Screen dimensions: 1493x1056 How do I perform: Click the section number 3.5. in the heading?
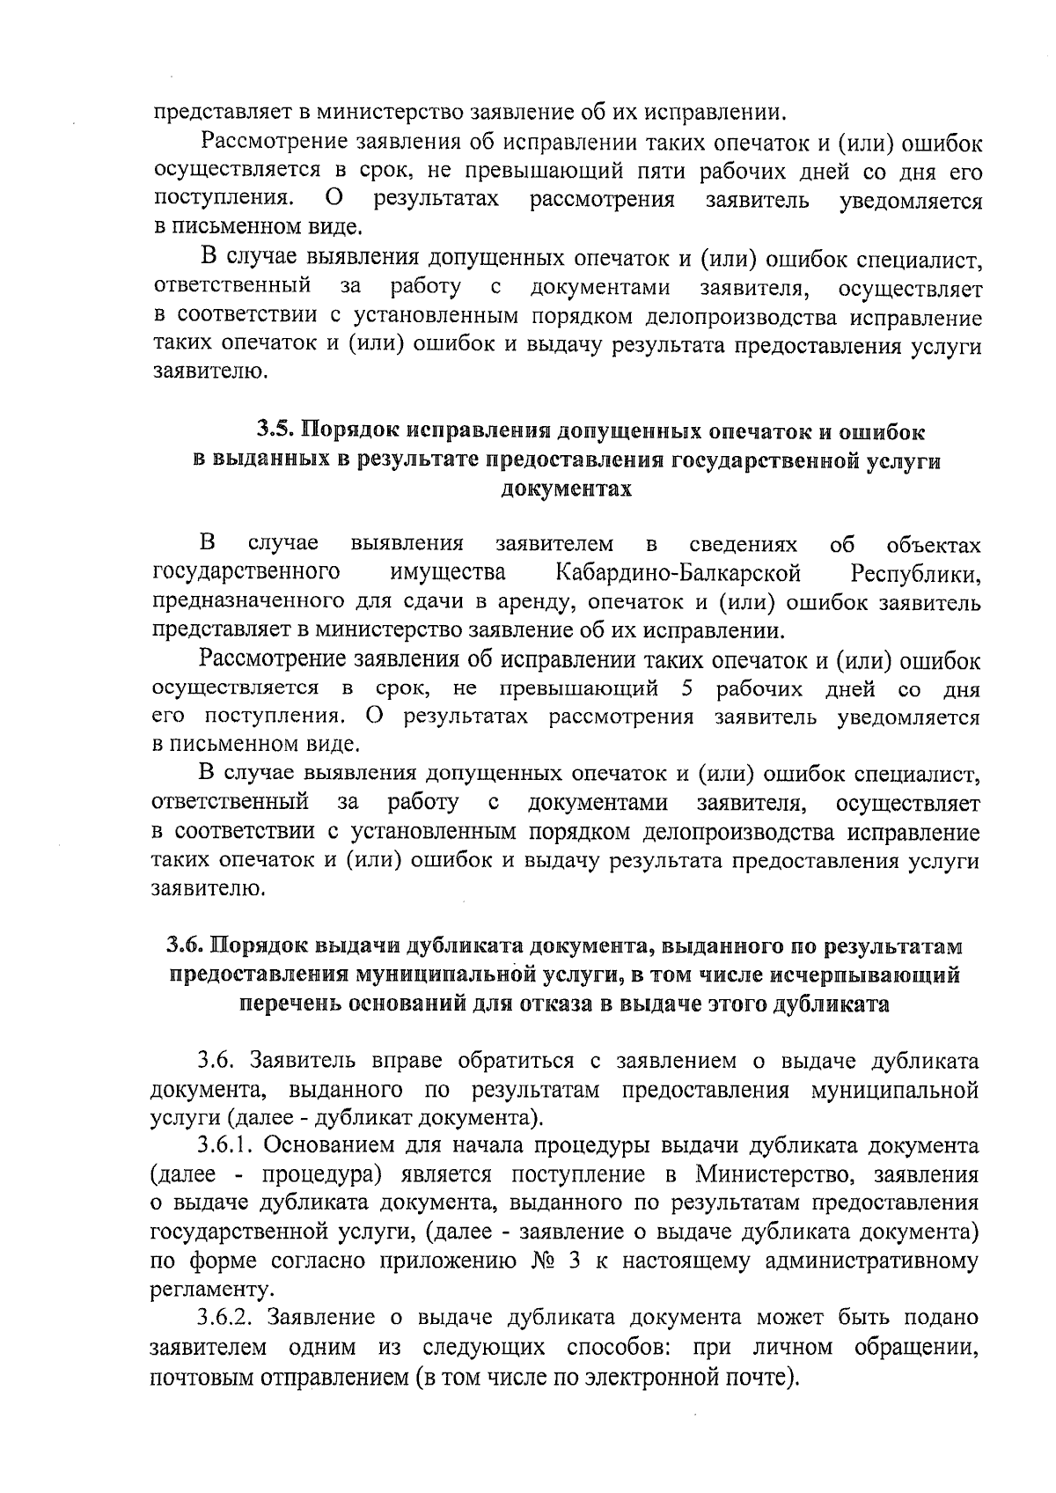[x=275, y=431]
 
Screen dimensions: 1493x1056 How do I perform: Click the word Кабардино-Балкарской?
[x=678, y=574]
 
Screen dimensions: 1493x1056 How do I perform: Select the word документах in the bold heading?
[x=566, y=489]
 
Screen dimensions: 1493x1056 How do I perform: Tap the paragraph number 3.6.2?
[x=226, y=1318]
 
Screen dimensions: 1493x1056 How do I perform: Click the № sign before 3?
[x=542, y=1261]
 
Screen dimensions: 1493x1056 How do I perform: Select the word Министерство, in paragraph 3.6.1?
[x=779, y=1175]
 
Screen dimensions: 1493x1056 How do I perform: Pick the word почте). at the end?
[x=757, y=1376]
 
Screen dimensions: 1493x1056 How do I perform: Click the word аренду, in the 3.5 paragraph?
[x=526, y=603]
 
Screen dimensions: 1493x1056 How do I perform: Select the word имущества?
[x=449, y=574]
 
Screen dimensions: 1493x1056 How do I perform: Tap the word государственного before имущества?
[x=247, y=574]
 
